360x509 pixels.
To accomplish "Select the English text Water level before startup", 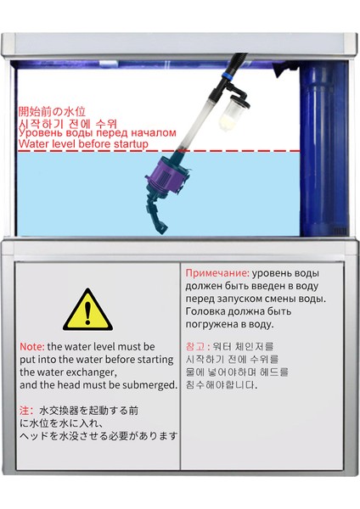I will [83, 144].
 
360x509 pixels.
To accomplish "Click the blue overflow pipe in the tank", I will [325, 144].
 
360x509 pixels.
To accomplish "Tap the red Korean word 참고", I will [194, 347].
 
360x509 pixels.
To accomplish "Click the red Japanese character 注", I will [25, 411].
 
